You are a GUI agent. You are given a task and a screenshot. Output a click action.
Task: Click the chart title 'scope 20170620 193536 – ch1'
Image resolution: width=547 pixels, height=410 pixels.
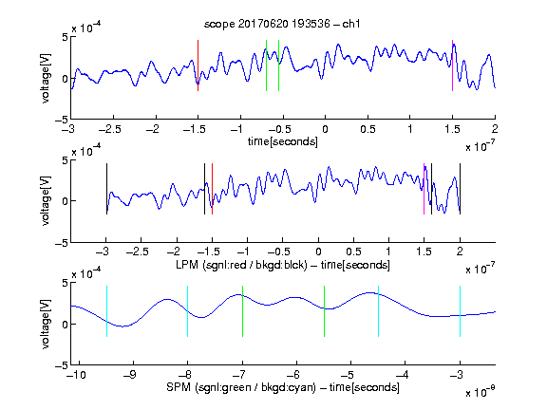tap(282, 24)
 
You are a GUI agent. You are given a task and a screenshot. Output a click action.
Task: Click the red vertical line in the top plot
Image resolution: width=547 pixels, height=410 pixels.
tap(198, 65)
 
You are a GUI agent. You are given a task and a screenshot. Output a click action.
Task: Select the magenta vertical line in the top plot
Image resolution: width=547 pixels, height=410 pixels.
tap(452, 65)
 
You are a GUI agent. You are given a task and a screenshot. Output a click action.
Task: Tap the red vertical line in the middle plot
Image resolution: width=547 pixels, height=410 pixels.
tap(212, 189)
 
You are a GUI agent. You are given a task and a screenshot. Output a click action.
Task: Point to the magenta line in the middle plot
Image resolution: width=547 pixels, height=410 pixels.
tap(424, 189)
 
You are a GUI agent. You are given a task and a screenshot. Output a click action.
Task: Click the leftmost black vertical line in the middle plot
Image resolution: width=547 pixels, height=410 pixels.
tap(106, 189)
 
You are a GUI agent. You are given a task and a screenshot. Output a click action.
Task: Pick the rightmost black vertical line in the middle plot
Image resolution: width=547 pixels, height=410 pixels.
tap(460, 189)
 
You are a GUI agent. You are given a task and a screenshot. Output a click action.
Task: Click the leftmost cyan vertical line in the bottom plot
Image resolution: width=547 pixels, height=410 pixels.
tap(106, 311)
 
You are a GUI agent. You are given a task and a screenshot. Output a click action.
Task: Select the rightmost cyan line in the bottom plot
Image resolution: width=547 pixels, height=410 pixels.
tap(460, 311)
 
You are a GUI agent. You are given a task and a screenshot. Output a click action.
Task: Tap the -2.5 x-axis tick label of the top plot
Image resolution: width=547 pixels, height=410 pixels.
tap(110, 129)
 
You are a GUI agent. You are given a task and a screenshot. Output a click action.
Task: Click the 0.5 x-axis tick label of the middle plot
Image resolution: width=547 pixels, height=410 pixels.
tap(353, 252)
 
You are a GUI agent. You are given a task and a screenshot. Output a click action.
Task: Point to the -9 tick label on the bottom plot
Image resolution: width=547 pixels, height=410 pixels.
tap(130, 375)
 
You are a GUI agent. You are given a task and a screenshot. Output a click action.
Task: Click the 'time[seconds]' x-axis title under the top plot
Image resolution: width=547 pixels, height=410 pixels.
tap(283, 142)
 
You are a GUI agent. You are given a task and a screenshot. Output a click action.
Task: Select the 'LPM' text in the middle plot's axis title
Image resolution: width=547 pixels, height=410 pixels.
tap(187, 265)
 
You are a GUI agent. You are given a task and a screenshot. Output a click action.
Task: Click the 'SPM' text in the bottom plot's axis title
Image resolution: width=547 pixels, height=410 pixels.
tap(179, 387)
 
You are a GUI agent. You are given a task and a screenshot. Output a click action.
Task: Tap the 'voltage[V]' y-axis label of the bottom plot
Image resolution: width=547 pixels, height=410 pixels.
tap(46, 324)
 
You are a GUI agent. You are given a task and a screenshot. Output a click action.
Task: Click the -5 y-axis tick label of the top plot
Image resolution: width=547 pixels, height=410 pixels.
tap(62, 120)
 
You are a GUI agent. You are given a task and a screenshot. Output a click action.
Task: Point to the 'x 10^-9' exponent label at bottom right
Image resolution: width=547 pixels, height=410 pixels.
tap(480, 392)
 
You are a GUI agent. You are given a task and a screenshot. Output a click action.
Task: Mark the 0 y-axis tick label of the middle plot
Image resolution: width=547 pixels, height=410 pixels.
tap(66, 201)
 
